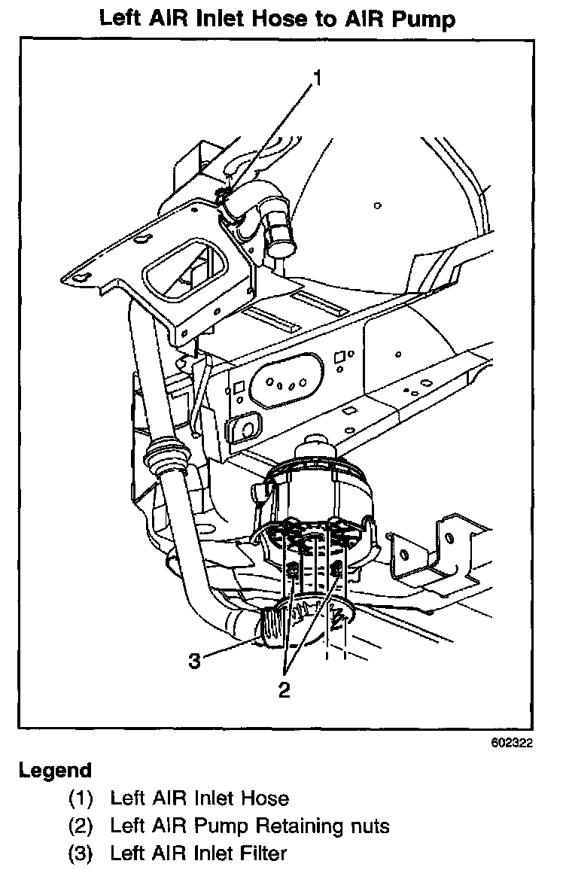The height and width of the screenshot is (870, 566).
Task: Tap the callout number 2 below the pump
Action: [284, 689]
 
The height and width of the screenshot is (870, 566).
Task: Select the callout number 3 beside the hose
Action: [194, 661]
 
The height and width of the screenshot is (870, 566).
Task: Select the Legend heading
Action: [55, 771]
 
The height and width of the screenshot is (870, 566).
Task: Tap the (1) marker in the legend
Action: [81, 798]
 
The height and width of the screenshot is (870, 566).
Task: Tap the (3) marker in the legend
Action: [81, 853]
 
